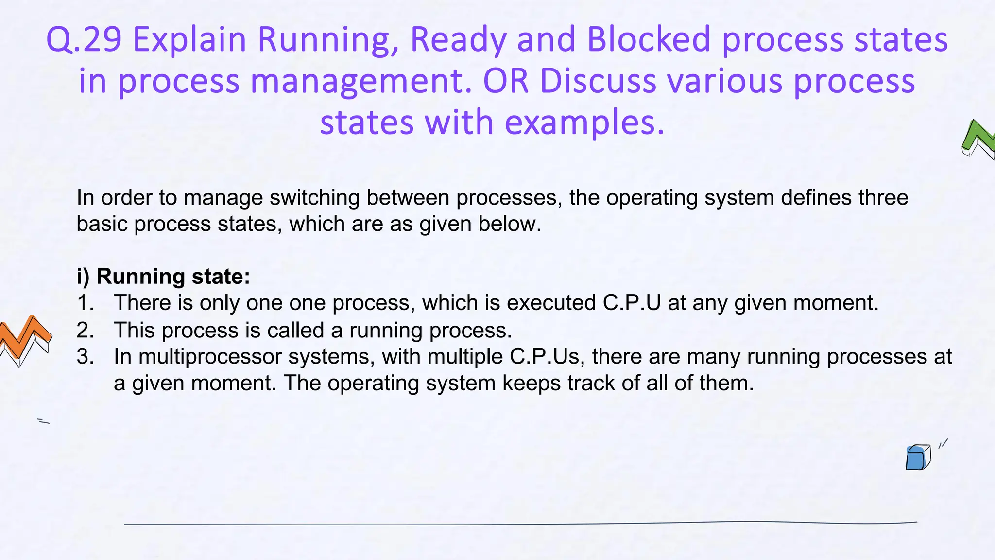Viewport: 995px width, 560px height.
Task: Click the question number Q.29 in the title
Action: click(84, 39)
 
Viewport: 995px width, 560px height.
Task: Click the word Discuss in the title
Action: click(598, 81)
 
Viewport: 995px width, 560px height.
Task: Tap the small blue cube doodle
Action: click(917, 457)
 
